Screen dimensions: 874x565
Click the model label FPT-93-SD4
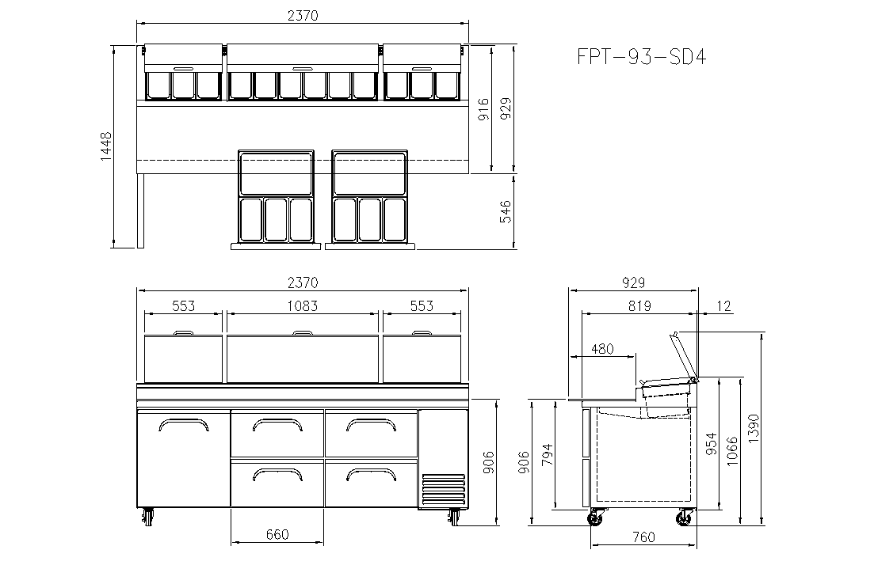pos(641,57)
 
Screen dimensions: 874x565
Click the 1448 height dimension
pos(106,146)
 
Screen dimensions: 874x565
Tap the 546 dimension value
pos(506,212)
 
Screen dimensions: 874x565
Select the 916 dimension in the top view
pos(484,109)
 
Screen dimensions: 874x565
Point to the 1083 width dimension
pos(302,305)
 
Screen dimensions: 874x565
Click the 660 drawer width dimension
pos(277,534)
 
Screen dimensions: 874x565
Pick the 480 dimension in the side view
pos(602,349)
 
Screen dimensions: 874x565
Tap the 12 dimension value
pos(723,305)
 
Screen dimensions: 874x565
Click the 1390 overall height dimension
pos(754,429)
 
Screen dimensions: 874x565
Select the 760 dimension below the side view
pos(643,537)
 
